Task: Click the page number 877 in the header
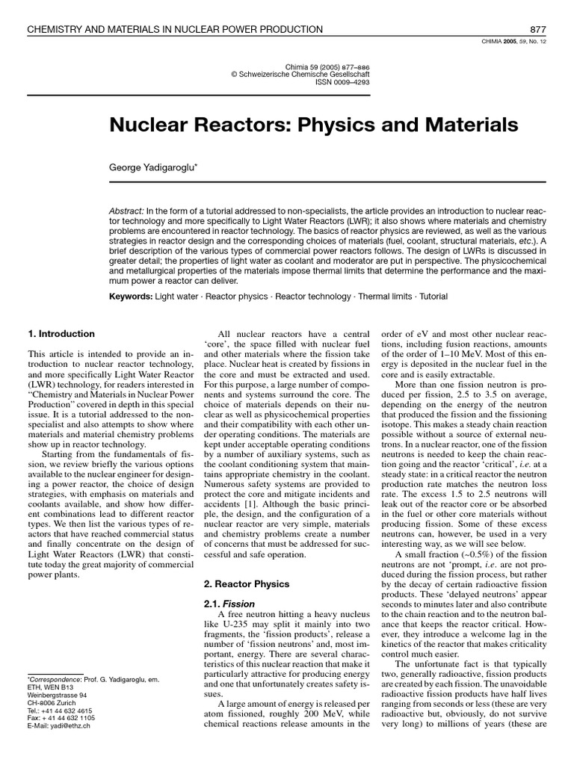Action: click(x=538, y=29)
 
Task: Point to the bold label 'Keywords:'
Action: click(x=131, y=297)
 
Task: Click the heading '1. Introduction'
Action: click(x=61, y=334)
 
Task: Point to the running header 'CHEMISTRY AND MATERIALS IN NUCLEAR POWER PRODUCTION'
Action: click(x=175, y=29)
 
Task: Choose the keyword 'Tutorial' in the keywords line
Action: click(x=433, y=297)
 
